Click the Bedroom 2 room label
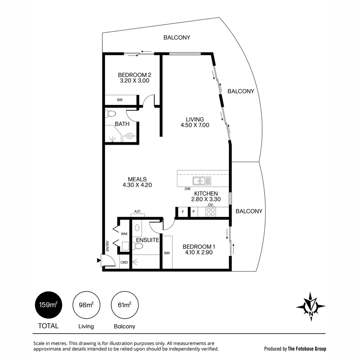click(135, 75)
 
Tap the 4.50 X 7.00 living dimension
click(195, 125)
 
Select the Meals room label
click(137, 179)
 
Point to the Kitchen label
click(206, 194)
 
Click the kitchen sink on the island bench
click(199, 181)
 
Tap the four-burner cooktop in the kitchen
click(211, 212)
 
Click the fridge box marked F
click(183, 212)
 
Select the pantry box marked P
click(194, 212)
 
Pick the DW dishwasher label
click(188, 189)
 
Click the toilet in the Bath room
click(111, 113)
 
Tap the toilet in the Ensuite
click(138, 246)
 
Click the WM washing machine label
click(124, 234)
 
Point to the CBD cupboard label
click(124, 262)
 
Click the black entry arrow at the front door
click(99, 260)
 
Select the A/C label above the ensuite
click(137, 211)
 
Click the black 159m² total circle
click(48, 305)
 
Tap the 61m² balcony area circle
click(125, 305)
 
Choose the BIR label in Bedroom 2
click(120, 100)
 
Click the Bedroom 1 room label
click(199, 247)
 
